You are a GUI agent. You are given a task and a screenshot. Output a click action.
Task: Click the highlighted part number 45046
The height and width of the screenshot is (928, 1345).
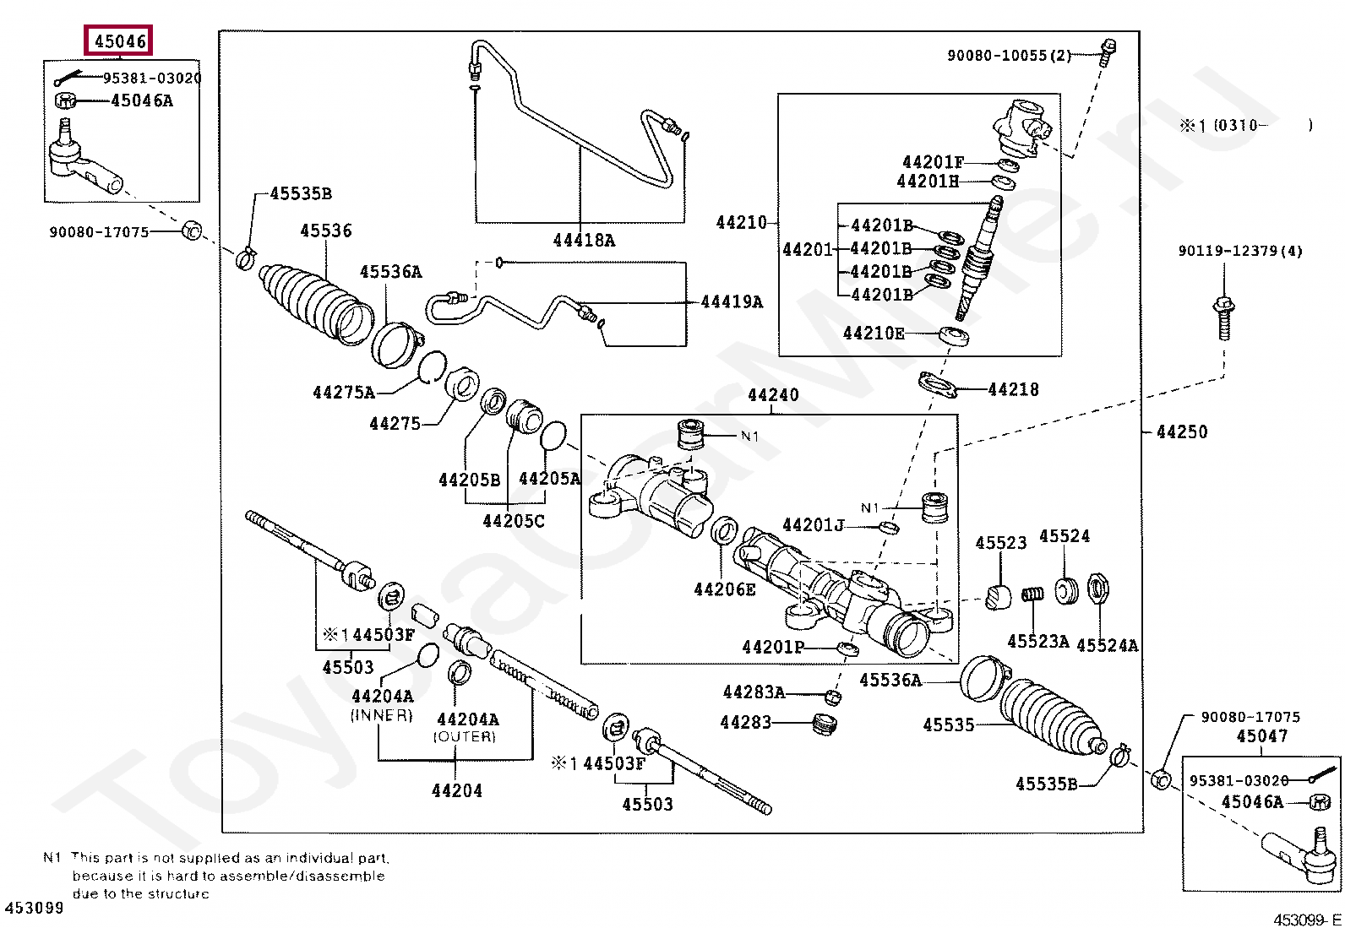[x=120, y=41]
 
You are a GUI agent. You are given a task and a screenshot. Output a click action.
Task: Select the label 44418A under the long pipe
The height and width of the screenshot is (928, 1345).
[x=584, y=241]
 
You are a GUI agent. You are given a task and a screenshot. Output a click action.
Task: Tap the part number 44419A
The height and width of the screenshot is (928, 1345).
[x=732, y=301]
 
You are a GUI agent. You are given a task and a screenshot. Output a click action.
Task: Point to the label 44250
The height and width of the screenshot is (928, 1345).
[x=1182, y=431]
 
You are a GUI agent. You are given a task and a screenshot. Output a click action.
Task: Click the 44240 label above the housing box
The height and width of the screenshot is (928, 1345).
[x=773, y=394]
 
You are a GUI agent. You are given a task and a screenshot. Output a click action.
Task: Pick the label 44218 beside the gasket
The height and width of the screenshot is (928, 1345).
[x=1014, y=389]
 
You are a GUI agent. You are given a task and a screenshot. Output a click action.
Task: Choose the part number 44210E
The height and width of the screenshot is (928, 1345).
[x=874, y=334]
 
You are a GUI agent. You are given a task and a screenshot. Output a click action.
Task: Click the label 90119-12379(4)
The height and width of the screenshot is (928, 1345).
[x=1240, y=251]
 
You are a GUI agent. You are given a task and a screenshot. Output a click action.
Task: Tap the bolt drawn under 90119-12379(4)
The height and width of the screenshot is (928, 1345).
[x=1223, y=317]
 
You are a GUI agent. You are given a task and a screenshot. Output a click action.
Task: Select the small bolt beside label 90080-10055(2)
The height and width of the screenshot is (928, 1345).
[x=1108, y=53]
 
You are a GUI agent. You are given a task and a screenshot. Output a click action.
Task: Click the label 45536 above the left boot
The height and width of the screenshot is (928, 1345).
[x=326, y=231]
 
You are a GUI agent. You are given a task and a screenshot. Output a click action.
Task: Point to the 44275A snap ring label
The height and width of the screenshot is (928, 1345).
[x=344, y=393]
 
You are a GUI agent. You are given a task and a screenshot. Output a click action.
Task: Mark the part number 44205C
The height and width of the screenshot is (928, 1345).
[x=514, y=521]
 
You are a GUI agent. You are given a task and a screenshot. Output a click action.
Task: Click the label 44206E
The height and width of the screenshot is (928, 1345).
[x=725, y=589]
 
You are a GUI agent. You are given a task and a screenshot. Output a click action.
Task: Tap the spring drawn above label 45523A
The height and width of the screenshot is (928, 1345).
[x=1032, y=594]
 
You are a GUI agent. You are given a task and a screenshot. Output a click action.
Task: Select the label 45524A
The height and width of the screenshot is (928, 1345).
[x=1108, y=645]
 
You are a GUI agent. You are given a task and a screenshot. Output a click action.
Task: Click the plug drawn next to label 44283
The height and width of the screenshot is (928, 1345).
[x=825, y=724]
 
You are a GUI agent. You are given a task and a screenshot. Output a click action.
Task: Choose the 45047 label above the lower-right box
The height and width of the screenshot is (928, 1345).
[x=1262, y=736]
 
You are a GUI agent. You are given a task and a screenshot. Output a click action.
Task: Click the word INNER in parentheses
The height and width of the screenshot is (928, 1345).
[x=381, y=715]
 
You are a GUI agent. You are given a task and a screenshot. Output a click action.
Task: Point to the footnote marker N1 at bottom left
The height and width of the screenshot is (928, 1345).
[x=52, y=858]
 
